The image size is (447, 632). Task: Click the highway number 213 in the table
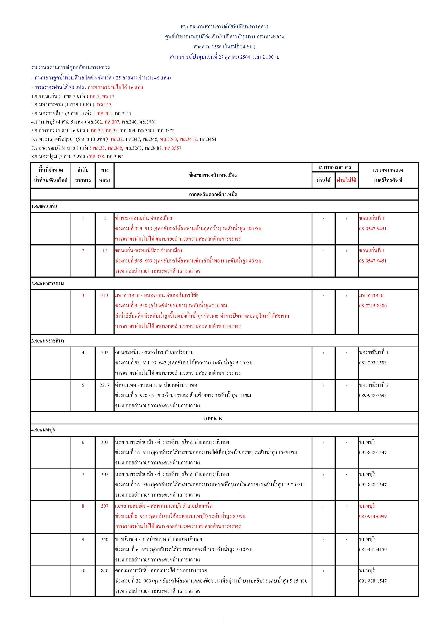[104, 296]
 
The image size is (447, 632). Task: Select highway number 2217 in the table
[104, 385]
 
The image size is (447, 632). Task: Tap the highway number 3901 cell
[104, 571]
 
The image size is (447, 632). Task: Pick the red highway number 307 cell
[104, 506]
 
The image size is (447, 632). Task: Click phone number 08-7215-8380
[373, 306]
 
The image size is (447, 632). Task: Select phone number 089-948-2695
[373, 395]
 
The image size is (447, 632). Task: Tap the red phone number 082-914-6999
[373, 516]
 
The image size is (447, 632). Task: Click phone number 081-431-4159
[373, 550]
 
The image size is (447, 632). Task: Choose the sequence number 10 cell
[83, 571]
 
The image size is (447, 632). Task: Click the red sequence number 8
[83, 506]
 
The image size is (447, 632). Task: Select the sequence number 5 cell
[83, 385]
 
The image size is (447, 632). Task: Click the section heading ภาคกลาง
[213, 418]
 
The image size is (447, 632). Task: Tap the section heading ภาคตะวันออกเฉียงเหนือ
[213, 195]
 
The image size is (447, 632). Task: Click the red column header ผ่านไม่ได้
[346, 181]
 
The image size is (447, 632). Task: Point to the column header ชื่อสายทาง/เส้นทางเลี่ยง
[213, 175]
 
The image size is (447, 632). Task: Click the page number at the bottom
[224, 620]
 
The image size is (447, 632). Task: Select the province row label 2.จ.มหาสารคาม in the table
[47, 284]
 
